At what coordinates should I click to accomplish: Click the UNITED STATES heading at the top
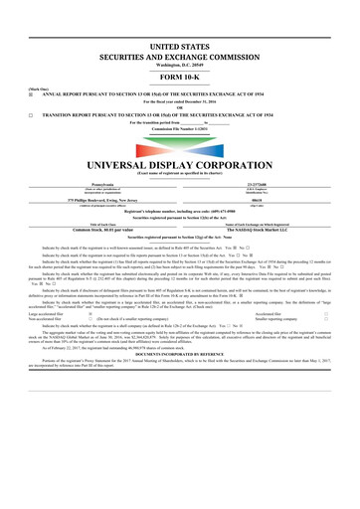click(180, 47)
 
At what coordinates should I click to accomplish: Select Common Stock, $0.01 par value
click(94, 231)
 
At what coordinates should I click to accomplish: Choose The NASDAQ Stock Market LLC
click(266, 231)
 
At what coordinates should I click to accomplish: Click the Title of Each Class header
click(94, 225)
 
